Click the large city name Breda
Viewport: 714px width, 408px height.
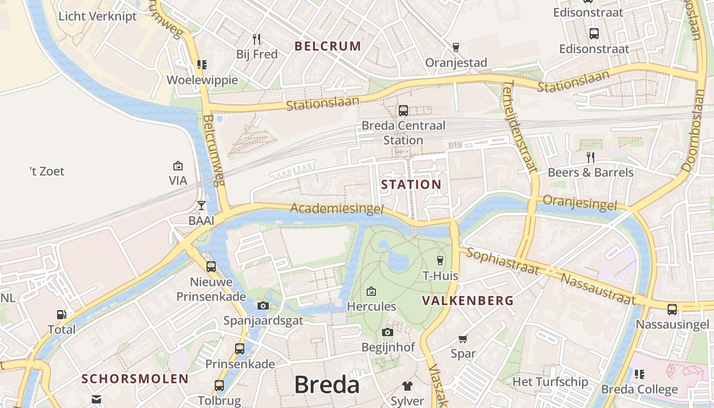327,385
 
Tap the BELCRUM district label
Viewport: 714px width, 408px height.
328,46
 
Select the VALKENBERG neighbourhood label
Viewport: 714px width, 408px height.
468,301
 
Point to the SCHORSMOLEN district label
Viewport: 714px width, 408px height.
135,379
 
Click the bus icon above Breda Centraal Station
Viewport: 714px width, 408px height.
403,110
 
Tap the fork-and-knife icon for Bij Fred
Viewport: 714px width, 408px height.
257,39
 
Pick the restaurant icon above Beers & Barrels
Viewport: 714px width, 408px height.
591,157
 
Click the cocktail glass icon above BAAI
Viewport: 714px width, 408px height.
201,206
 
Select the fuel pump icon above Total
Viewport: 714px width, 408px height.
61,315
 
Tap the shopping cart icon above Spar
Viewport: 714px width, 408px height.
463,339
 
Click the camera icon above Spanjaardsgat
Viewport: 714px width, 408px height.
263,305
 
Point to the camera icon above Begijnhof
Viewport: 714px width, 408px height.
388,333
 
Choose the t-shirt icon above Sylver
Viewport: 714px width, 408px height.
407,386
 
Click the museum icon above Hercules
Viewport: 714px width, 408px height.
371,291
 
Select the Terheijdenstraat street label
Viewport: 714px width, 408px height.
519,127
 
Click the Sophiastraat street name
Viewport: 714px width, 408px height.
502,262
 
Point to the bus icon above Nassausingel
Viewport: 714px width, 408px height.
672,309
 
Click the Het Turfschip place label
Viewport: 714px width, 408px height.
550,381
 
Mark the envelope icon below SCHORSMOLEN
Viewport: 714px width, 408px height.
96,399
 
